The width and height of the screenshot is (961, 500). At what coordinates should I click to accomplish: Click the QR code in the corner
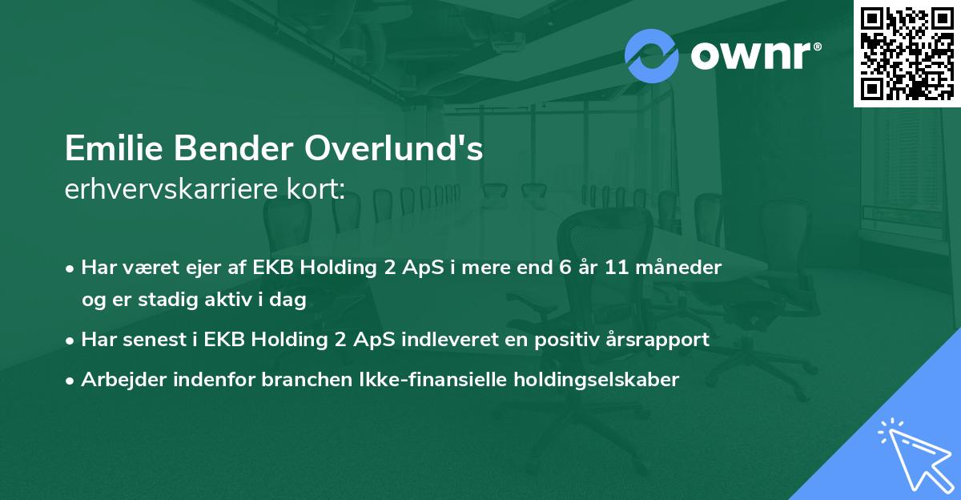(907, 54)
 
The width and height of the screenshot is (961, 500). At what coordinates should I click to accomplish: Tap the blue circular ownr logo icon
(652, 54)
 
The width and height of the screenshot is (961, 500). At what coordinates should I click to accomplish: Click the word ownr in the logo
(753, 55)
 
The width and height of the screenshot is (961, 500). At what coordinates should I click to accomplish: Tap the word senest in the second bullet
(151, 340)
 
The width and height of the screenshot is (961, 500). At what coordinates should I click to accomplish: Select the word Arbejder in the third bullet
(117, 380)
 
